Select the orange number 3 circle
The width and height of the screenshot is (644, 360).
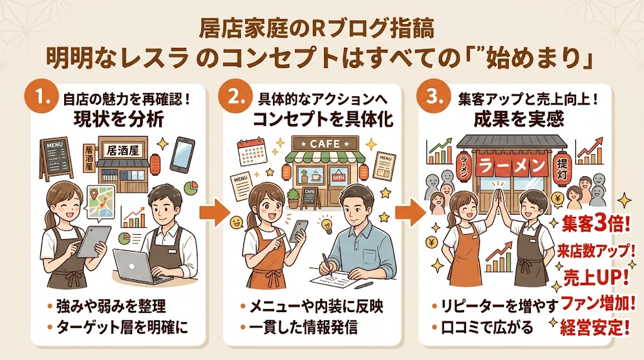pyautogui.click(x=435, y=99)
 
